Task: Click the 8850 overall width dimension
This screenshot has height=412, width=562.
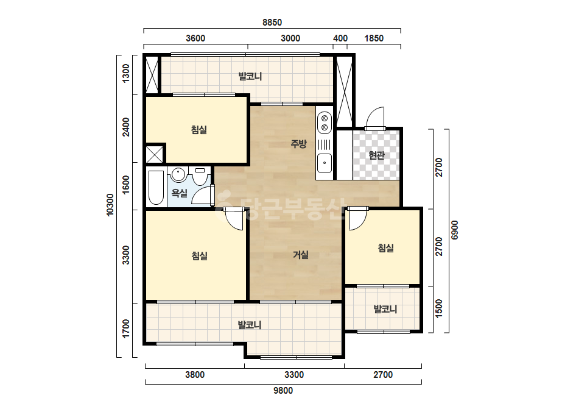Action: coord(272,23)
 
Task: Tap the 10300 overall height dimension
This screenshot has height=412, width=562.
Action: coord(110,205)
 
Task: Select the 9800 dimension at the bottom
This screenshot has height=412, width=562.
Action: coord(283,391)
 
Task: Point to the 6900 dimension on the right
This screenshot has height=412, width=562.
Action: coord(454,230)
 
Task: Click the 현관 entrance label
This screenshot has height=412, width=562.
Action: coord(376,155)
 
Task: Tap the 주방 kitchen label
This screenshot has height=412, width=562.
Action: coord(298,144)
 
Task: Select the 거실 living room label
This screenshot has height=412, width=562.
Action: coord(301,255)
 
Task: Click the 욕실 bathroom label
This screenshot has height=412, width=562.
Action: coord(179,193)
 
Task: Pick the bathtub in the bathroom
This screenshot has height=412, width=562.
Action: coord(156,188)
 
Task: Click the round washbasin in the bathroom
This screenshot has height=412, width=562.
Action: coord(178,175)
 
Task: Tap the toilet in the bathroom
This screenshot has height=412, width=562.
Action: coord(200,176)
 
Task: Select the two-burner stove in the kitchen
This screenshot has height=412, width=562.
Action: coord(325,123)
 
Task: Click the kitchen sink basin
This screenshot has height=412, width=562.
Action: coord(325,163)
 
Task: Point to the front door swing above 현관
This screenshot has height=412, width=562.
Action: coord(375,117)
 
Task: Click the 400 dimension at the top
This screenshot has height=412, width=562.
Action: coord(340,38)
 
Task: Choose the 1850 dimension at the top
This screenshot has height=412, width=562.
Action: coord(374,38)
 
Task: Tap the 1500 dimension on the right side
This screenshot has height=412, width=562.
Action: coord(439,308)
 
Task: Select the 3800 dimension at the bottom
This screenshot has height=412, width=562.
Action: coord(195,375)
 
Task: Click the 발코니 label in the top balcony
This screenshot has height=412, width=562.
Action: coord(250,76)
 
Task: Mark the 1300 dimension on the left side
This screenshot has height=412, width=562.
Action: coord(126,74)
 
